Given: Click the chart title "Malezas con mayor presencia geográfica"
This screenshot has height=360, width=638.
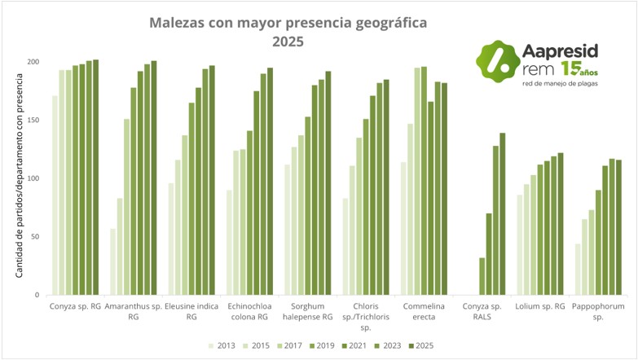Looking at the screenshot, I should coord(288,23).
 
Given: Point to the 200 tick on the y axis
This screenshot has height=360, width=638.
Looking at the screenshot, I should coord(33,63).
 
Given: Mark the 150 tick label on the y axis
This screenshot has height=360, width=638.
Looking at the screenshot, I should coord(33,121).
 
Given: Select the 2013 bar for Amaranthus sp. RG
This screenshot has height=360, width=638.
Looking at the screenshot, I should coord(112,261).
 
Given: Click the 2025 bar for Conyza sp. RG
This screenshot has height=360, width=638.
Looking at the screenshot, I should coord(95,177).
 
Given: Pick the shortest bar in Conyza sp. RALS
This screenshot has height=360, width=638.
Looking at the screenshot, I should coord(482,276).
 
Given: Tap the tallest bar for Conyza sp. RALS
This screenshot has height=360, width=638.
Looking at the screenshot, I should coord(503,213).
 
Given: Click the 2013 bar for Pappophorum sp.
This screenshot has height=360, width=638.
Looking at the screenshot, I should coord(578,269).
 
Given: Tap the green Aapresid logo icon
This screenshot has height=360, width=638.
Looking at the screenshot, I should coord(497,59).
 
